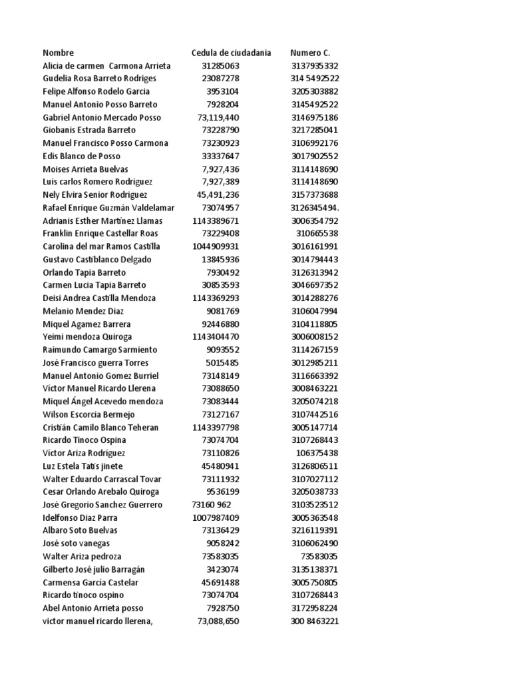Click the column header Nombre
(59, 53)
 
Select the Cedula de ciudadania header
(231, 53)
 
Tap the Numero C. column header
(310, 53)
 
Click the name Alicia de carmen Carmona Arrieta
(106, 66)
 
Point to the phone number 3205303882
(315, 91)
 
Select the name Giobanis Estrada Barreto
(89, 131)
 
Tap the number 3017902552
(315, 156)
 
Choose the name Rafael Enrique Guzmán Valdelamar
(108, 208)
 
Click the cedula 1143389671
(216, 220)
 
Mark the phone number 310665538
(317, 234)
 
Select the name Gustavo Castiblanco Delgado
(97, 259)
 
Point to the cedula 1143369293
(216, 298)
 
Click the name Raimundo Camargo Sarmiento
(100, 350)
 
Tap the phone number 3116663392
(315, 376)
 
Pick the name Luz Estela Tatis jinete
(83, 466)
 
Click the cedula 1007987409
(216, 517)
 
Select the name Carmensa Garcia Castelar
(91, 582)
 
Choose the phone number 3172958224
(315, 608)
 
